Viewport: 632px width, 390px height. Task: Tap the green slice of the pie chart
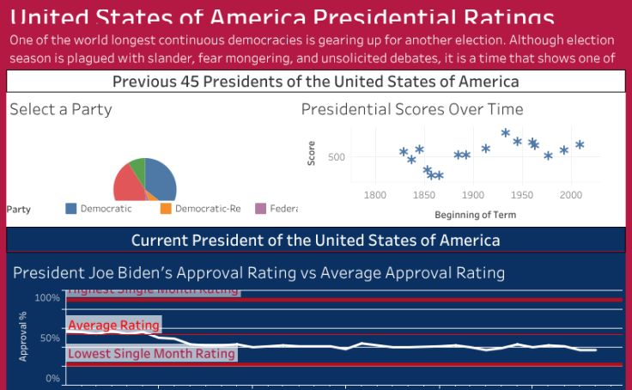(x=137, y=167)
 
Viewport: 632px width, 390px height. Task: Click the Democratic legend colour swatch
(x=71, y=209)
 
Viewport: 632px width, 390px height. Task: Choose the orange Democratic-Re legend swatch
(x=166, y=209)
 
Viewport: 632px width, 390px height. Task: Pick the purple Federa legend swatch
(x=261, y=209)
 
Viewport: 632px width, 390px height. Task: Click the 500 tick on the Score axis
(x=336, y=157)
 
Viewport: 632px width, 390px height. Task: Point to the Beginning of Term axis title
(x=474, y=214)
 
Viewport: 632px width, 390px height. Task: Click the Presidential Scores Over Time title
(x=412, y=109)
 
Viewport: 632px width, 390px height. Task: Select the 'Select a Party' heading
(x=61, y=109)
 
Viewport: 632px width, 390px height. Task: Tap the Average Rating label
(x=113, y=325)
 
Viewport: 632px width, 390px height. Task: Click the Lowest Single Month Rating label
(x=151, y=353)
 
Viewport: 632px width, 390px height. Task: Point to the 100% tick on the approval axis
(x=47, y=298)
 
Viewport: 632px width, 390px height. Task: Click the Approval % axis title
(x=23, y=338)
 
